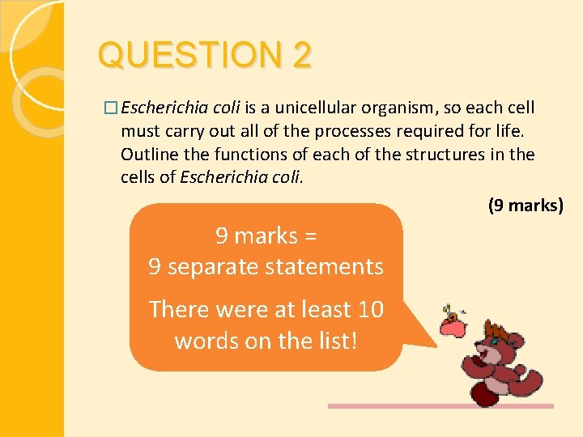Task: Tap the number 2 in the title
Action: [x=301, y=56]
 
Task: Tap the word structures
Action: [x=449, y=154]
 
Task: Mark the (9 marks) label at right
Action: [x=525, y=206]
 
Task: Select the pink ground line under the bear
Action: [x=440, y=406]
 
